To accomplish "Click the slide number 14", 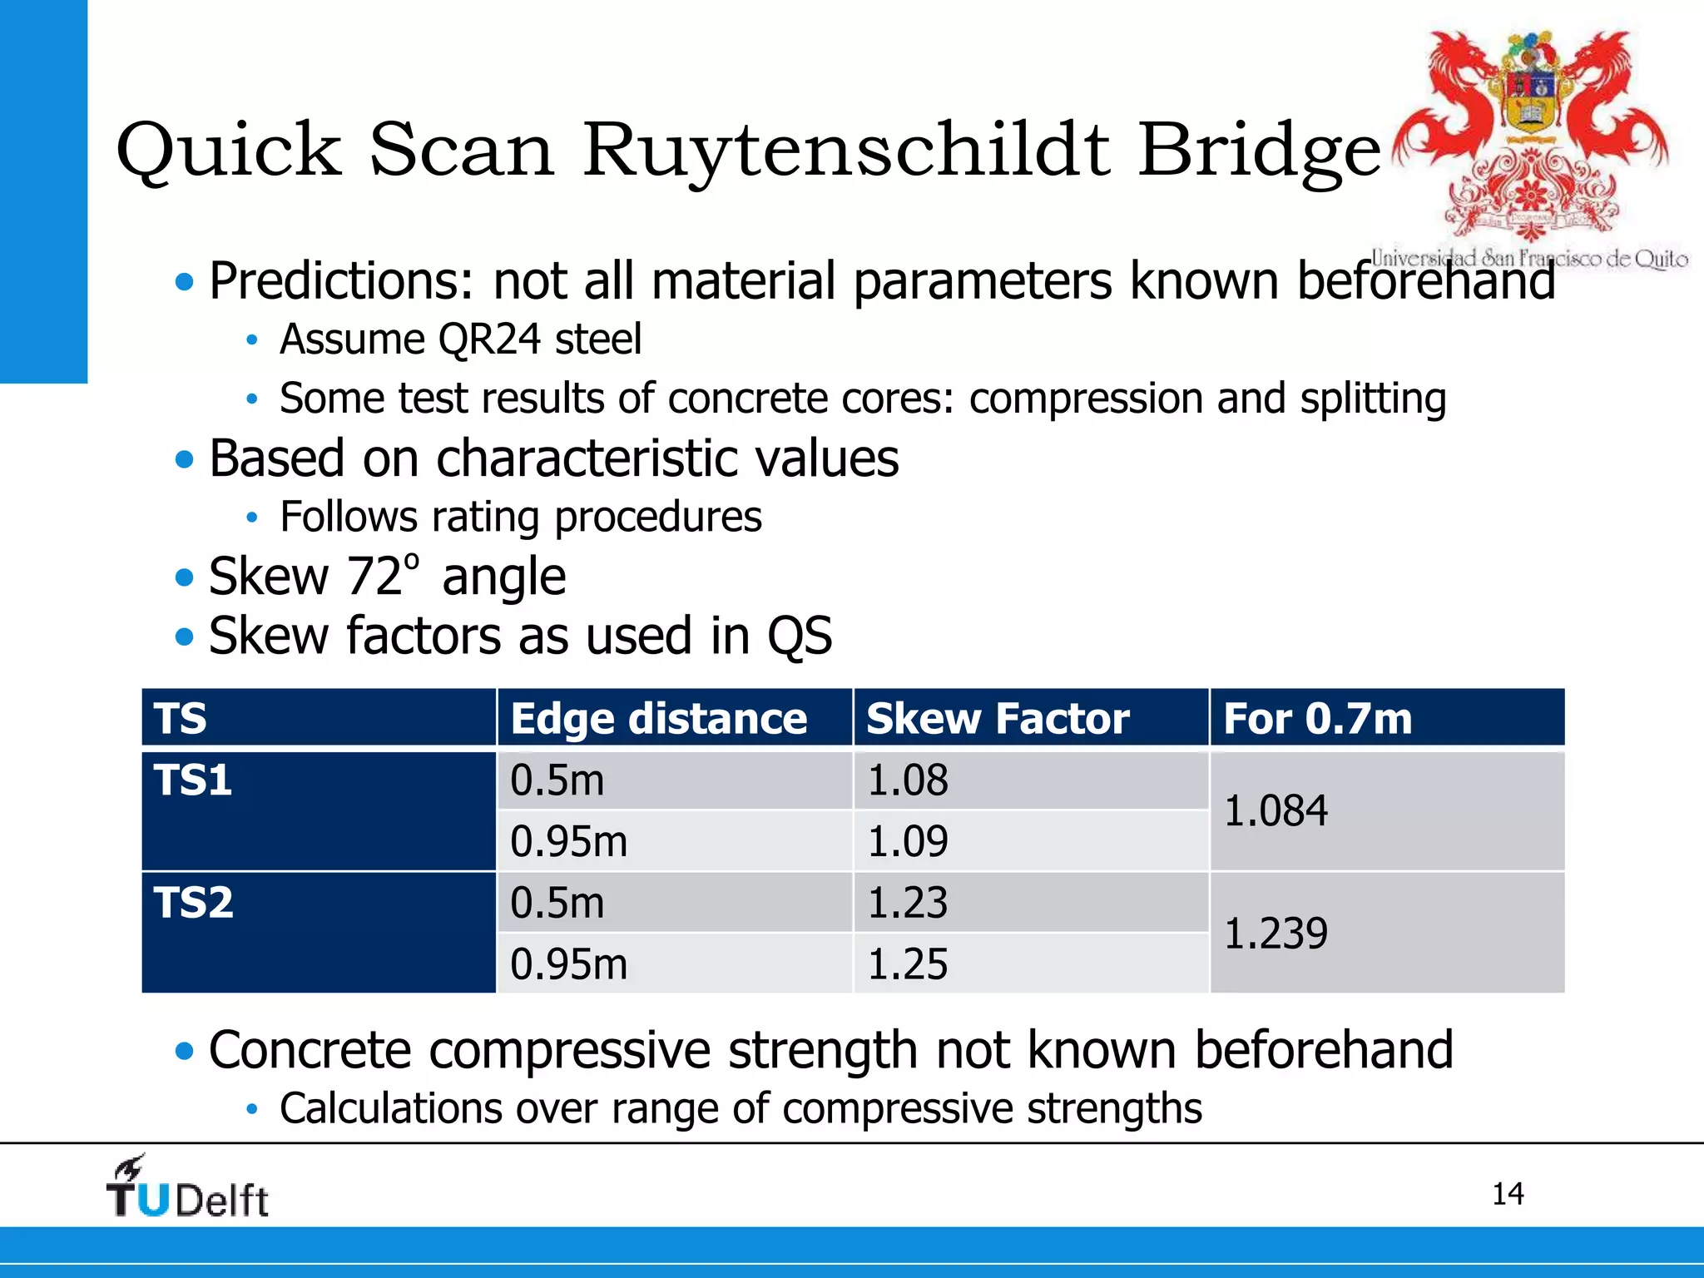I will pyautogui.click(x=1507, y=1194).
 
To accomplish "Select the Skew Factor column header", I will pyautogui.click(x=997, y=718).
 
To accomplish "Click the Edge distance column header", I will pyautogui.click(x=658, y=718).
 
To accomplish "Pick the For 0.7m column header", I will pyautogui.click(x=1317, y=718).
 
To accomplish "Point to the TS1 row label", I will pyautogui.click(x=193, y=780).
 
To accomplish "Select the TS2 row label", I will pyautogui.click(x=193, y=903).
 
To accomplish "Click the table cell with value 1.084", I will pyautogui.click(x=1276, y=811).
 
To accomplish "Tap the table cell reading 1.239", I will pyautogui.click(x=1276, y=934).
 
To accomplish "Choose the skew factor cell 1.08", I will pyautogui.click(x=907, y=780).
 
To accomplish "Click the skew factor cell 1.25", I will pyautogui.click(x=907, y=964).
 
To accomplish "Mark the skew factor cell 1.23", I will pyautogui.click(x=907, y=903).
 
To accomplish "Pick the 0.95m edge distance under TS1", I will pyautogui.click(x=568, y=841).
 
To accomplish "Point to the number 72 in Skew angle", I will pyautogui.click(x=375, y=577).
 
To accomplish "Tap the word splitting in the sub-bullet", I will pyautogui.click(x=1373, y=399).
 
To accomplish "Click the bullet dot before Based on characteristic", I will pyautogui.click(x=185, y=459).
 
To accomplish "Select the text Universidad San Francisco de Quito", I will pyautogui.click(x=1529, y=258).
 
